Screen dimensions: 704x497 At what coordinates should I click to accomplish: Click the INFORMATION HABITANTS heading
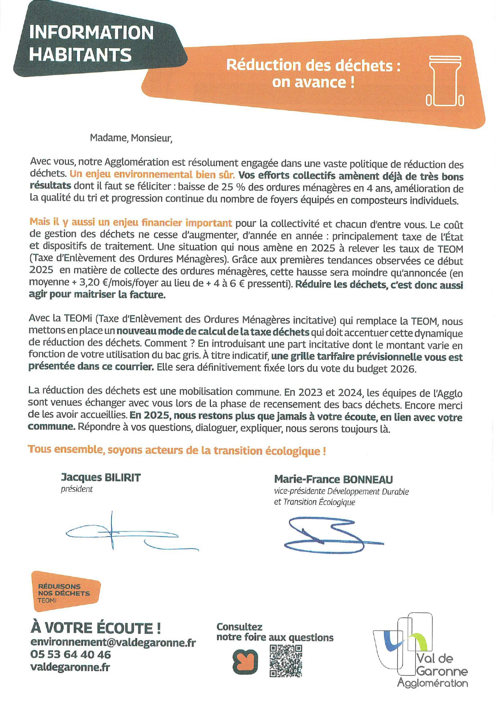[x=91, y=43]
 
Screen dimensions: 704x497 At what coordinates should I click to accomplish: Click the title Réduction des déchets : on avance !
[x=313, y=73]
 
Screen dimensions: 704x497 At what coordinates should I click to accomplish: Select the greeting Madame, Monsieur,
[x=131, y=138]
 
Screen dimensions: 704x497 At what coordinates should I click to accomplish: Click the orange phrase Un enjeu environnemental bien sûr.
[x=152, y=175]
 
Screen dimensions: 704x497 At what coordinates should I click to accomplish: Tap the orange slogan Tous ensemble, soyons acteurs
[x=176, y=450]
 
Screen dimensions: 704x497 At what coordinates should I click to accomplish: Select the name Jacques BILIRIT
[x=101, y=478]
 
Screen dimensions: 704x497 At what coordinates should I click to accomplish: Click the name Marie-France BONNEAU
[x=333, y=479]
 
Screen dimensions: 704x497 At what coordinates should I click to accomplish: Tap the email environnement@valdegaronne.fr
[x=113, y=643]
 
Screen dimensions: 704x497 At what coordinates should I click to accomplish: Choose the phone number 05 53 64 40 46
[x=71, y=655]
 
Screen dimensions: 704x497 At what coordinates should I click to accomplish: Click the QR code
[x=285, y=661]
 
